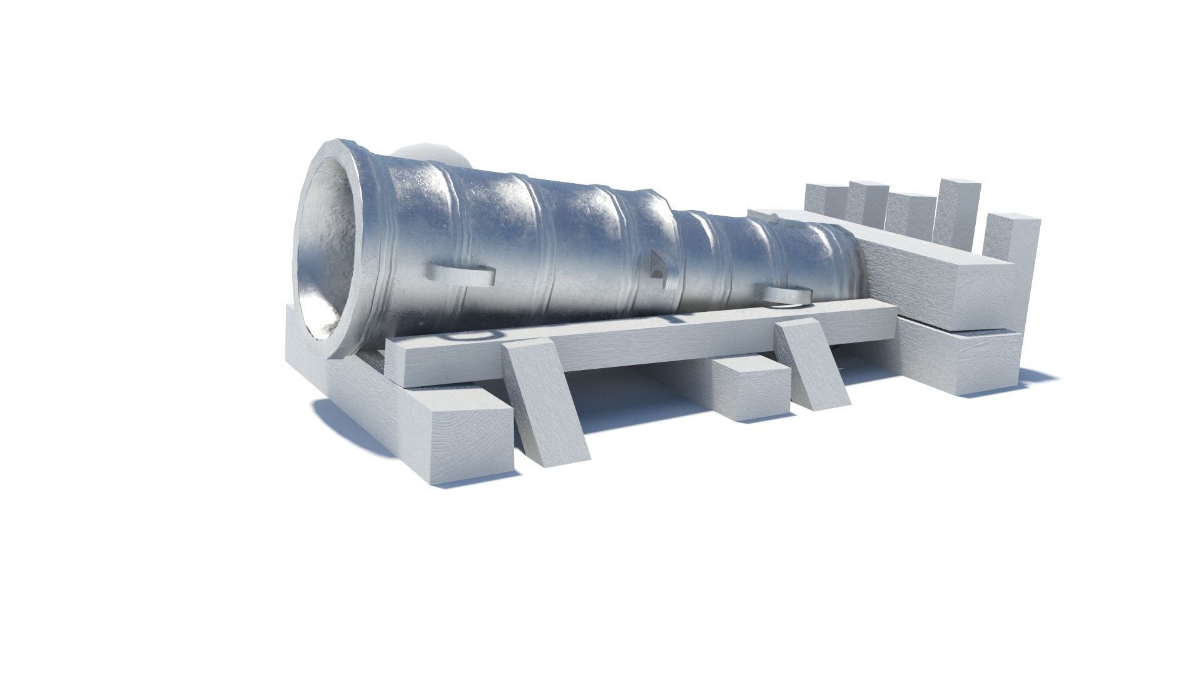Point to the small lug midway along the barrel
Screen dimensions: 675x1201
pyautogui.click(x=657, y=266)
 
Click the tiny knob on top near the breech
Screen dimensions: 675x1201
pyautogui.click(x=774, y=218)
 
